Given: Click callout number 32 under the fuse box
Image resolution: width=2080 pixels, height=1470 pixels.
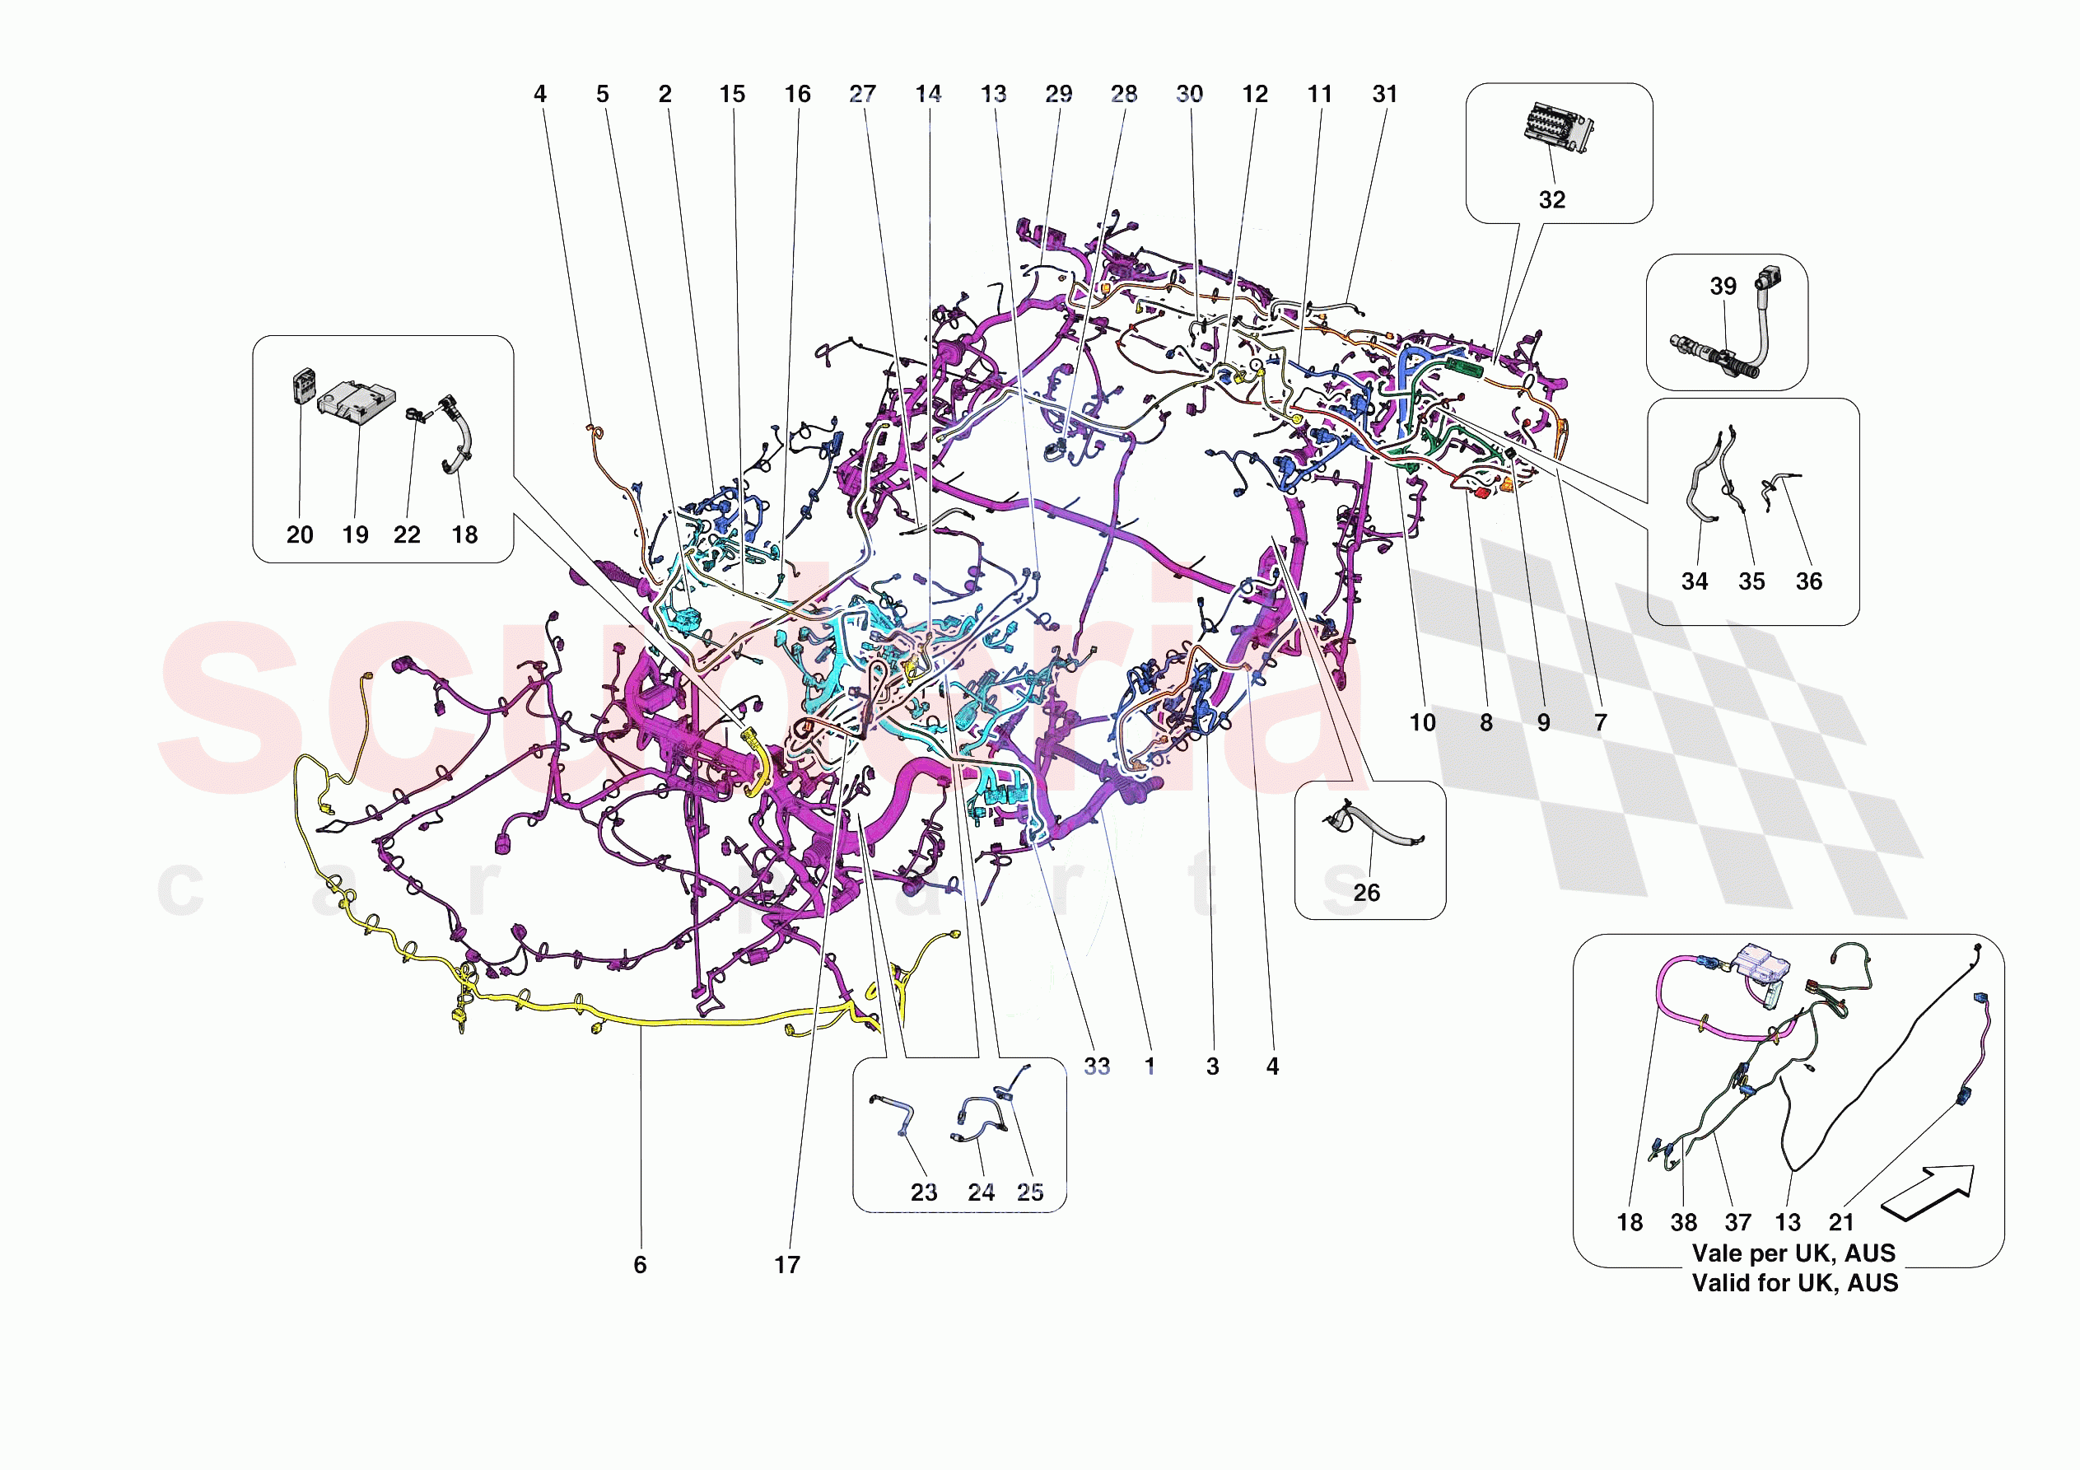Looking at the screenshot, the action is pyautogui.click(x=1552, y=199).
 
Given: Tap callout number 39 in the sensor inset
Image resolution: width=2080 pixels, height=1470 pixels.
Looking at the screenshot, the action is pyautogui.click(x=1723, y=287).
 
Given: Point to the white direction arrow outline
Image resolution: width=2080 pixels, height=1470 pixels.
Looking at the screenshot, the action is pyautogui.click(x=1928, y=1192).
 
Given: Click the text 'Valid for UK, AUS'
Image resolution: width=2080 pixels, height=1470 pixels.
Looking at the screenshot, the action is pyautogui.click(x=1794, y=1283).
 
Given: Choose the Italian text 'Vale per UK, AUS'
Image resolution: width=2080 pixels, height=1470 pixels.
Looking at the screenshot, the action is pyautogui.click(x=1793, y=1253).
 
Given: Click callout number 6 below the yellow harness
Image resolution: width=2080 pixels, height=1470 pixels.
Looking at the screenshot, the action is pyautogui.click(x=641, y=1265).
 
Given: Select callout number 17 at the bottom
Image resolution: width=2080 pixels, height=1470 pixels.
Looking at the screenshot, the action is pyautogui.click(x=787, y=1265).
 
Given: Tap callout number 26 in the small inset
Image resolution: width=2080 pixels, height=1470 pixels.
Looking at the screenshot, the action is pyautogui.click(x=1366, y=893).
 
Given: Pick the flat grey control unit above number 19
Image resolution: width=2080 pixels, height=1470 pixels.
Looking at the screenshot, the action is pyautogui.click(x=357, y=403).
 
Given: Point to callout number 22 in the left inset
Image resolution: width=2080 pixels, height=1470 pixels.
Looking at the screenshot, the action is pyautogui.click(x=407, y=534).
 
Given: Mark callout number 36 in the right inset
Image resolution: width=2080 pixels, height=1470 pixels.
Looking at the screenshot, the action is pyautogui.click(x=1808, y=582).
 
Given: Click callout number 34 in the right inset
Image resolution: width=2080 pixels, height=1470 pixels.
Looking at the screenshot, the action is pyautogui.click(x=1694, y=582).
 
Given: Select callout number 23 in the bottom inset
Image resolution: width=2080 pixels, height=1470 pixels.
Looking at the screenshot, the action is pyautogui.click(x=924, y=1192).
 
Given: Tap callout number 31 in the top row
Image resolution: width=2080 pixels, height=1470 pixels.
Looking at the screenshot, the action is pyautogui.click(x=1385, y=94).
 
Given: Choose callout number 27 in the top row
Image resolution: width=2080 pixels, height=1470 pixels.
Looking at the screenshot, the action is pyautogui.click(x=862, y=94).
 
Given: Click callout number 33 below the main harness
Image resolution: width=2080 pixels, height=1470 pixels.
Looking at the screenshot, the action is pyautogui.click(x=1097, y=1066).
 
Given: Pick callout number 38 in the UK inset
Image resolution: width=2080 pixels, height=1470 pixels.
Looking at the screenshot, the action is pyautogui.click(x=1684, y=1223).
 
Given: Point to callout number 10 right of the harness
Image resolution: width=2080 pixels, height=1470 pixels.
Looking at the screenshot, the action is pyautogui.click(x=1422, y=723).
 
